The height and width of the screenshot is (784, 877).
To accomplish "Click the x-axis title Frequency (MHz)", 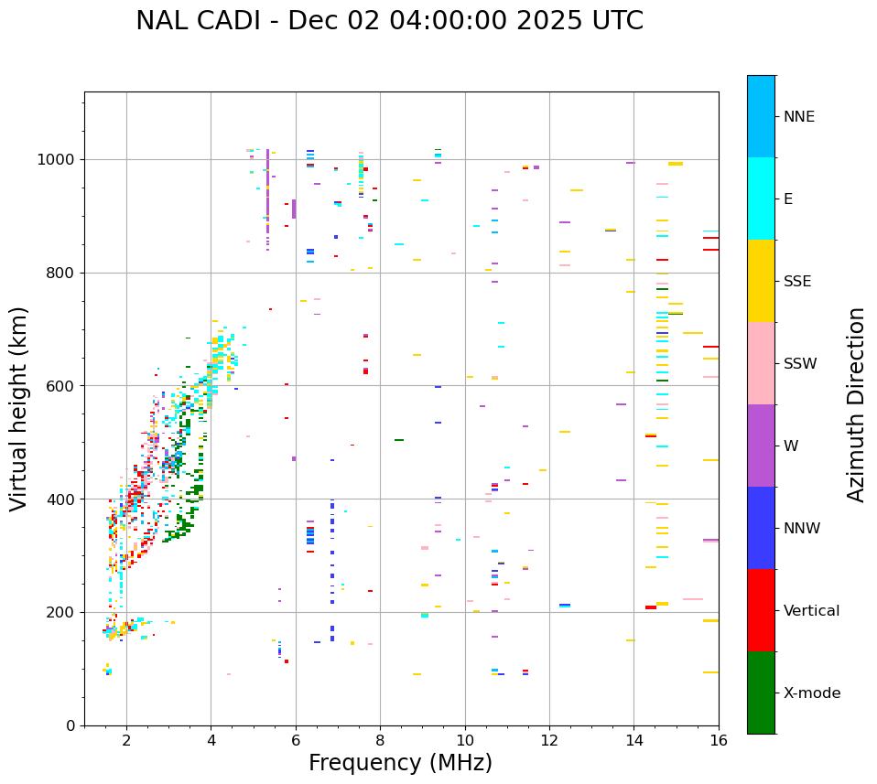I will click(400, 763).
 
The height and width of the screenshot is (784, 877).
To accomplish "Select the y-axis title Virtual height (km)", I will click(19, 408).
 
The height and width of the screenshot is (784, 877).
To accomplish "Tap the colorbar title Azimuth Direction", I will click(856, 404).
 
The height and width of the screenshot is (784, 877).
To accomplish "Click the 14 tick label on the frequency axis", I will click(634, 740).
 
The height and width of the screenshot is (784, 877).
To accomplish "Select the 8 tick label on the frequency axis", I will click(381, 740).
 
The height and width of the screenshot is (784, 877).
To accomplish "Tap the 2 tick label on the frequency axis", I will click(126, 740).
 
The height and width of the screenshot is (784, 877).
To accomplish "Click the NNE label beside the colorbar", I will click(799, 117).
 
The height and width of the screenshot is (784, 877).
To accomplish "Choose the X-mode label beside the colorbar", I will click(812, 693).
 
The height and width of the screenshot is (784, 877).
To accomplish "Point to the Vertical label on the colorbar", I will click(811, 611).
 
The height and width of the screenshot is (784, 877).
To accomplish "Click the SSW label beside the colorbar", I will click(800, 364).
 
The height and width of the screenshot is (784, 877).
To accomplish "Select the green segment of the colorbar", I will click(761, 693).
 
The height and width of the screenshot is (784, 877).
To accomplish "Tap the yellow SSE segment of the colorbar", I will click(761, 281).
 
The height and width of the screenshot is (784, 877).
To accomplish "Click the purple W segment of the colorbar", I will click(761, 446).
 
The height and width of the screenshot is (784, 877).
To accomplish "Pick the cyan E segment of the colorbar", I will click(761, 199).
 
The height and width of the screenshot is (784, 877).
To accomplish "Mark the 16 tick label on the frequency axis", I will click(719, 740).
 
